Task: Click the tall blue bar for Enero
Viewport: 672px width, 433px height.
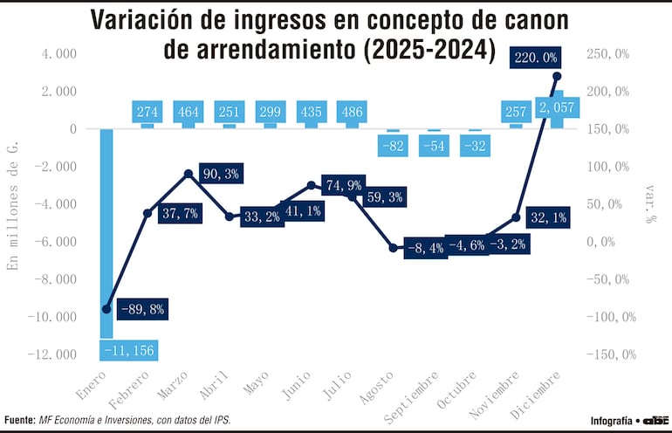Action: (x=106, y=227)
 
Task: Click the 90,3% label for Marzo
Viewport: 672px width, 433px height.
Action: (x=220, y=174)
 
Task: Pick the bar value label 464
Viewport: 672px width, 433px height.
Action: (x=188, y=112)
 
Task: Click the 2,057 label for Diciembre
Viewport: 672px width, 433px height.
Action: (x=556, y=107)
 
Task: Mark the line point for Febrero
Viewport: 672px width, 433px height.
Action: (x=147, y=213)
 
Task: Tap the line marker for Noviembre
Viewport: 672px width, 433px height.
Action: (x=516, y=217)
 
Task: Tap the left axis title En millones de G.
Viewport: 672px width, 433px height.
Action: (x=12, y=203)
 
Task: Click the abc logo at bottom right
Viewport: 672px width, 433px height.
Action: (x=655, y=420)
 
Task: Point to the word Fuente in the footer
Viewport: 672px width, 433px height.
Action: (x=18, y=420)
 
